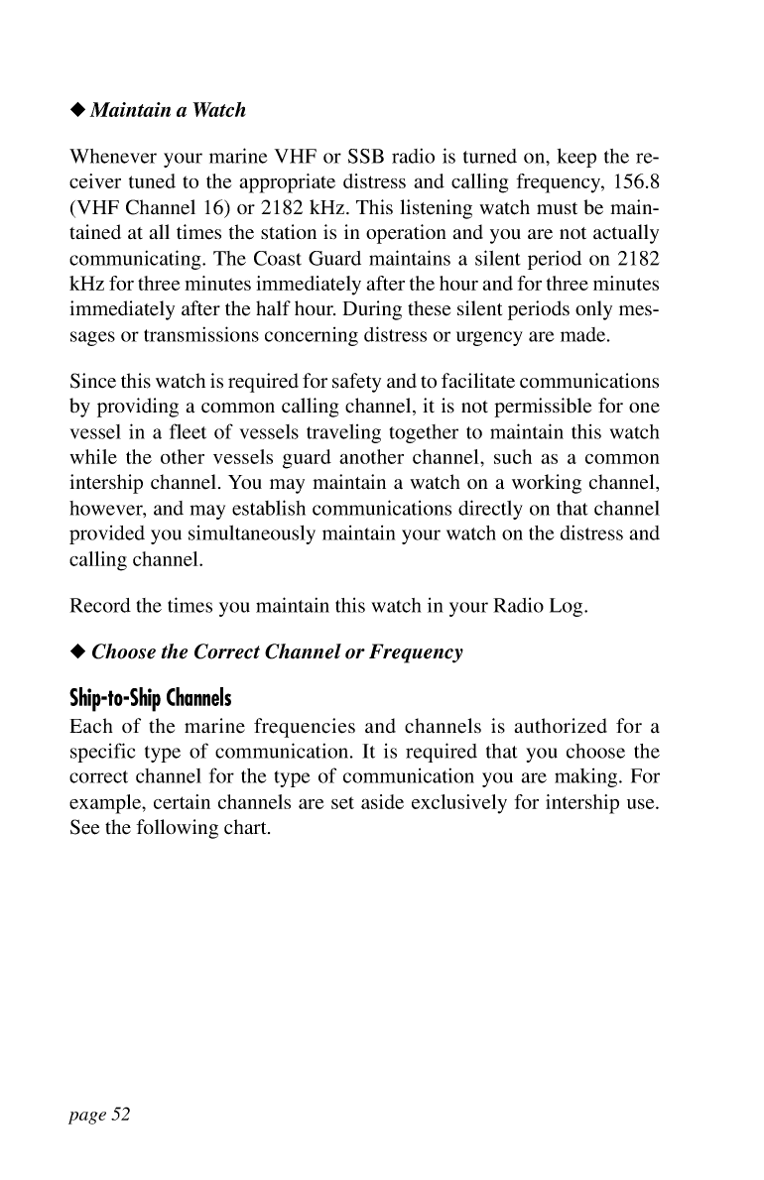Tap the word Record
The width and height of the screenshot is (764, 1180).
pos(99,607)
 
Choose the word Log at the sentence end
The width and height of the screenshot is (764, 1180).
pos(570,607)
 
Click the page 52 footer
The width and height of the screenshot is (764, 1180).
pos(99,1115)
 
